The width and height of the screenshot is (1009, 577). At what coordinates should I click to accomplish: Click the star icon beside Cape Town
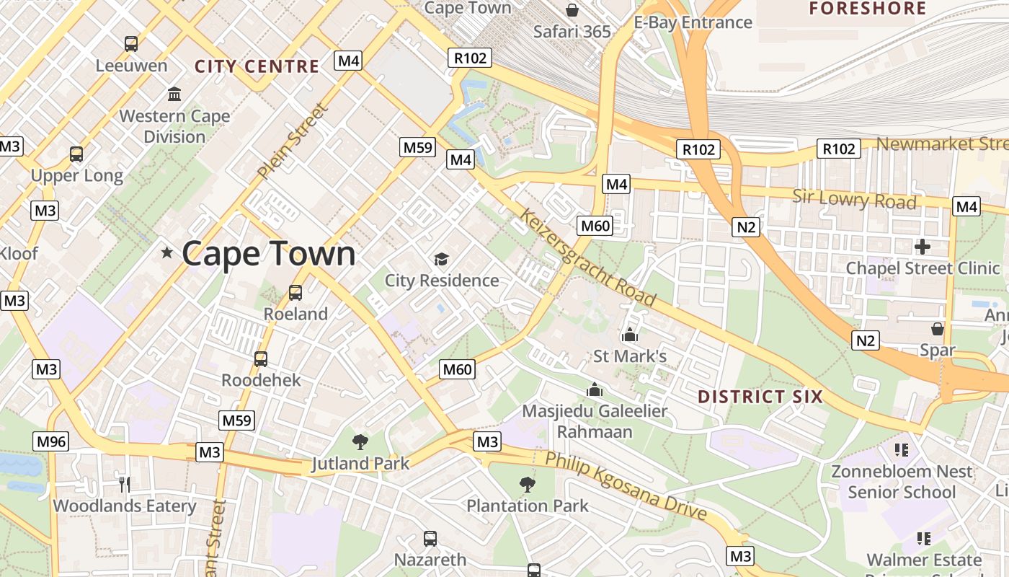pyautogui.click(x=167, y=253)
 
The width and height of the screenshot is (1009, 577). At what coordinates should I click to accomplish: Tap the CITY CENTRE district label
pyautogui.click(x=257, y=67)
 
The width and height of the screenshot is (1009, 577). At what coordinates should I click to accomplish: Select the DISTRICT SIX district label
pyautogui.click(x=760, y=397)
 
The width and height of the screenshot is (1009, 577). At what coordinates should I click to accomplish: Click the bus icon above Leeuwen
pyautogui.click(x=131, y=44)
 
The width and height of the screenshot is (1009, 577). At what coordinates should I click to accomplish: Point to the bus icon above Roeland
pyautogui.click(x=295, y=293)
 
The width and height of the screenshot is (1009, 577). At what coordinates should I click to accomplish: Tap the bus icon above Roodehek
pyautogui.click(x=261, y=358)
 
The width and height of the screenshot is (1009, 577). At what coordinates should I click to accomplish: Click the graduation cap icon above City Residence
pyautogui.click(x=441, y=259)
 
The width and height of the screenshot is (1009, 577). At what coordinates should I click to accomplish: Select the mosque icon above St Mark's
pyautogui.click(x=630, y=335)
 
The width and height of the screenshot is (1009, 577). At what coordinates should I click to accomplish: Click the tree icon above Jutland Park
pyautogui.click(x=360, y=442)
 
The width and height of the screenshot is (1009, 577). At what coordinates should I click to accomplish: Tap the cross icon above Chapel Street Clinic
pyautogui.click(x=923, y=247)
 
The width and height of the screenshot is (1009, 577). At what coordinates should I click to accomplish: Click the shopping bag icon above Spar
pyautogui.click(x=938, y=329)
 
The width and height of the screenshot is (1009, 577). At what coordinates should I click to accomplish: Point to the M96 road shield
pyautogui.click(x=51, y=441)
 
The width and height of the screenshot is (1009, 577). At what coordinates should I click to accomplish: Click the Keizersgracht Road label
pyautogui.click(x=587, y=257)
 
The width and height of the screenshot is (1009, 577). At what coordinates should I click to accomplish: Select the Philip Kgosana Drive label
pyautogui.click(x=626, y=486)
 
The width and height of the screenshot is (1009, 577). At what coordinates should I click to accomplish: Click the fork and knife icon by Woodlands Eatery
pyautogui.click(x=125, y=484)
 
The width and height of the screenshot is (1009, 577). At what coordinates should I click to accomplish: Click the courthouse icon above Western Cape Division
pyautogui.click(x=174, y=94)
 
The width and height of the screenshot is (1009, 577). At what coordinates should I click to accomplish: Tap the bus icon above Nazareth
pyautogui.click(x=430, y=538)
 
